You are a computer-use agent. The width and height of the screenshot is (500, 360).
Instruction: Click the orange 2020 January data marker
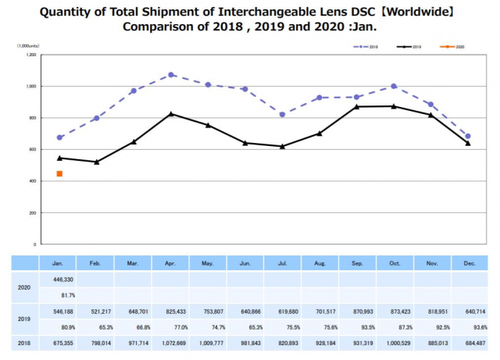[59, 173]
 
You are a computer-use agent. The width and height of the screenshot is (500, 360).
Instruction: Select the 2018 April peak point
[172, 75]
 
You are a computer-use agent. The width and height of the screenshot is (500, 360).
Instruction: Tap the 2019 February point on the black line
[97, 162]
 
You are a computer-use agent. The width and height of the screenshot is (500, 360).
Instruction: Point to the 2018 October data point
[394, 86]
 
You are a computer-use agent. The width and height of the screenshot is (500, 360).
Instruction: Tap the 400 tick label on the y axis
[32, 181]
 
